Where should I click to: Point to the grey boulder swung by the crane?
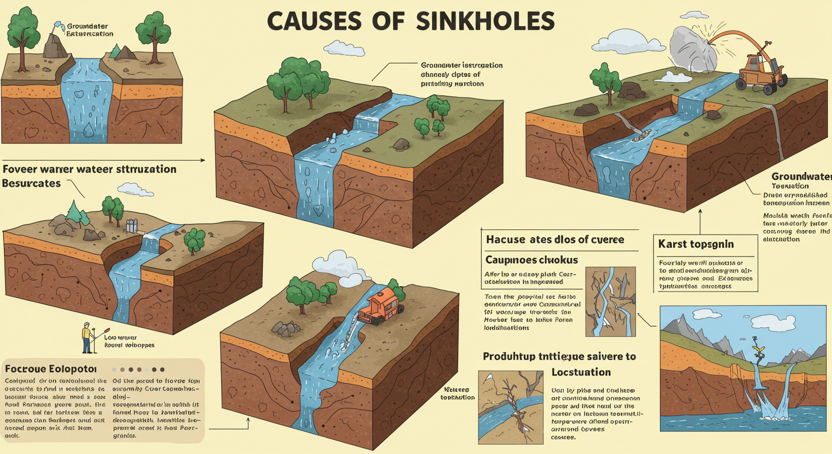tap(693, 47)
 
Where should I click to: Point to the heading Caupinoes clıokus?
tap(531, 260)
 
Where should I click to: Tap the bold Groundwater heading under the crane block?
tap(801, 176)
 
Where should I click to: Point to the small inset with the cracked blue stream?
tap(610, 301)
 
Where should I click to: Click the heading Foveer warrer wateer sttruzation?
tap(90, 169)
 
